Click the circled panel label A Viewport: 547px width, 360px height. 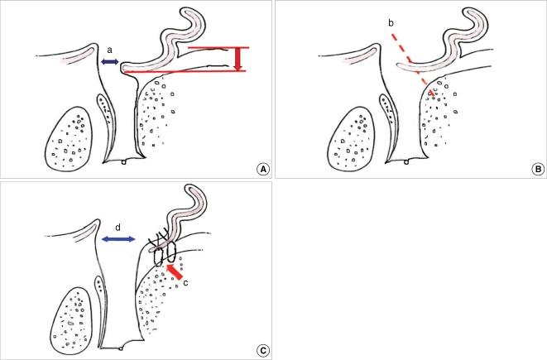(262, 169)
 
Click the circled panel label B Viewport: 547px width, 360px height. (537, 169)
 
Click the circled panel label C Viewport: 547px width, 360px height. (262, 350)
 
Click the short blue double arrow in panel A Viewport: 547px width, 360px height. (109, 62)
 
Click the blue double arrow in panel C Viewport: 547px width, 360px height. (118, 239)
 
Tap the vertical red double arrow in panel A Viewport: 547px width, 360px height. (238, 60)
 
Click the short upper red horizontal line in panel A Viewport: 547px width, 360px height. (217, 48)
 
